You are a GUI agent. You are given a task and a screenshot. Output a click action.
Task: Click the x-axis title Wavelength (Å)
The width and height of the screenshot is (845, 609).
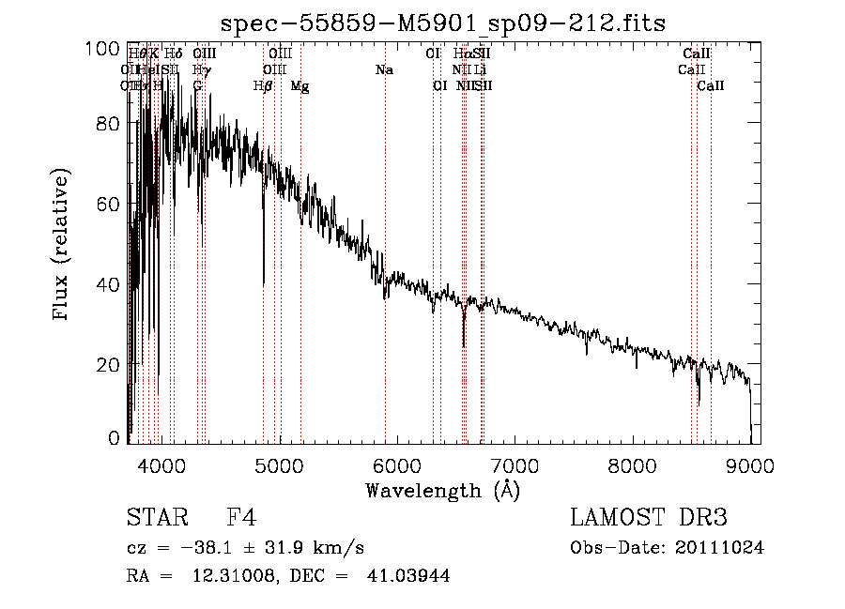click(x=442, y=490)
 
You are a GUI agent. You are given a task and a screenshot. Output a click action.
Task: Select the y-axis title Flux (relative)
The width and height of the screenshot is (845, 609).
click(x=63, y=246)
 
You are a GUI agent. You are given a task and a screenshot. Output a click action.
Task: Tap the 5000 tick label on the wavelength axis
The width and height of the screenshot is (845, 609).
click(x=279, y=464)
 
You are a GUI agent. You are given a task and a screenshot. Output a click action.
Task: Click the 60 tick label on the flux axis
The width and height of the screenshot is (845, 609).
click(x=110, y=204)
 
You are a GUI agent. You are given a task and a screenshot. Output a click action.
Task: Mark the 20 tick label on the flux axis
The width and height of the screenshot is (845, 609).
click(x=110, y=364)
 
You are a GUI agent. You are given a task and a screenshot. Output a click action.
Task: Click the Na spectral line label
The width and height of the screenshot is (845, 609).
click(x=384, y=70)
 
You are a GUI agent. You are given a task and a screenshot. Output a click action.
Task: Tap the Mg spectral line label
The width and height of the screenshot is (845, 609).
click(x=300, y=86)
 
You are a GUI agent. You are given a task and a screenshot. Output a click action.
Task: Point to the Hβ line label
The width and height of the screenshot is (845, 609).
click(x=264, y=86)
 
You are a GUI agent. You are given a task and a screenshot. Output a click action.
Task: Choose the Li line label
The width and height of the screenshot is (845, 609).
click(x=480, y=70)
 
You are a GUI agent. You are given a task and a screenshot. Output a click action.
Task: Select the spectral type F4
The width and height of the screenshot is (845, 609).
click(x=241, y=519)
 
